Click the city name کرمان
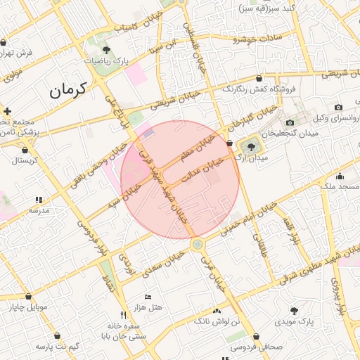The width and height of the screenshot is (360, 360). point(67,90)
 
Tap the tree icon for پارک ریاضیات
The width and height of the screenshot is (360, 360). point(106,50)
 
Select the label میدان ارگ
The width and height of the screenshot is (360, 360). point(254,158)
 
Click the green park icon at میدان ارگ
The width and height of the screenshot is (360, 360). point(251,146)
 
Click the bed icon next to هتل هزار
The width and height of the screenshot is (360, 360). point(147,297)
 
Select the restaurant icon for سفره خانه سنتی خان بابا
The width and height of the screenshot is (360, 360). point(124,315)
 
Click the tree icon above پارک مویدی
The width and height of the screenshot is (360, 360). point(292,310)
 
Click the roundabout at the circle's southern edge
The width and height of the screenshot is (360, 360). point(198,244)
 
